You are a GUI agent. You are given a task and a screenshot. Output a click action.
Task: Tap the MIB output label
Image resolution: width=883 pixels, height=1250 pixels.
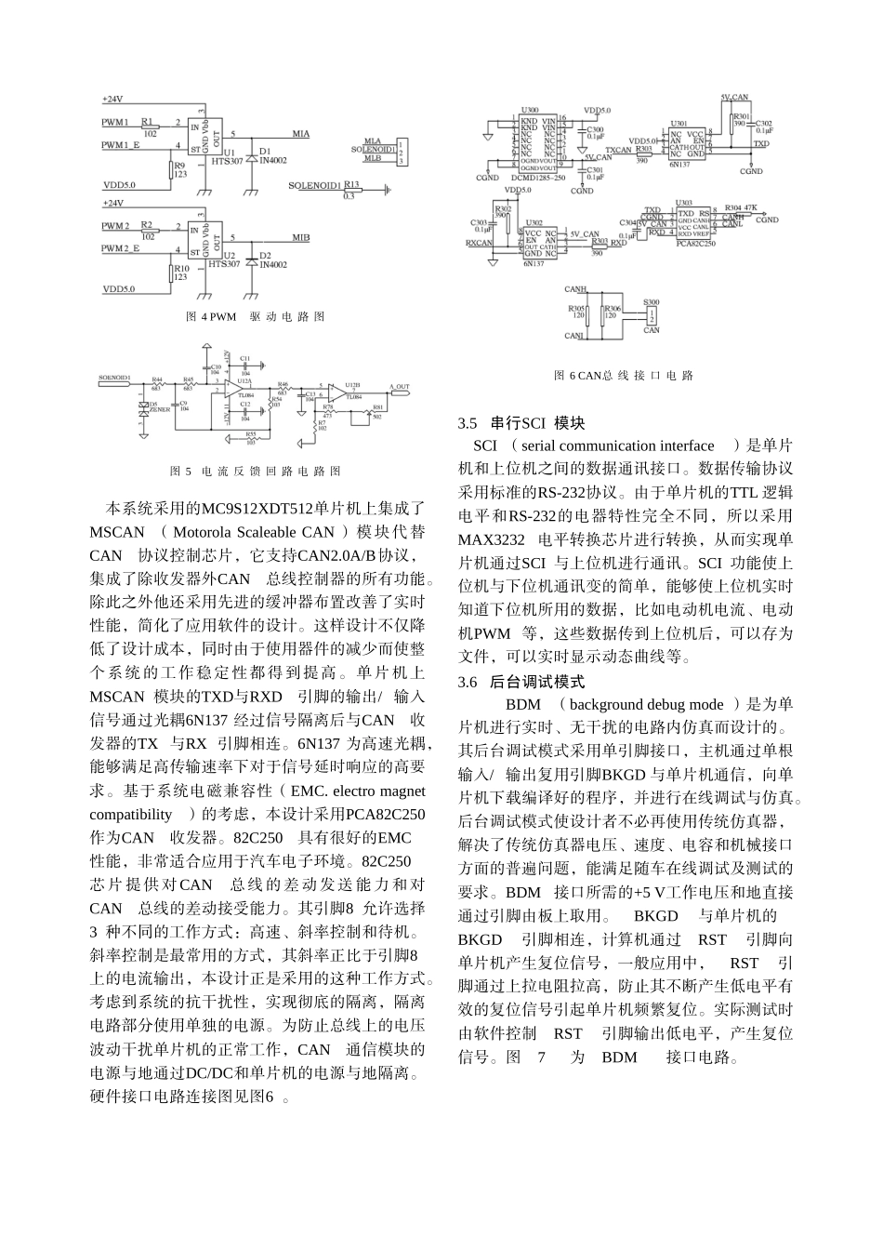click(300, 237)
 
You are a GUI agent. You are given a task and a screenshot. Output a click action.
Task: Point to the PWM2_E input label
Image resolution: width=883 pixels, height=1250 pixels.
click(121, 250)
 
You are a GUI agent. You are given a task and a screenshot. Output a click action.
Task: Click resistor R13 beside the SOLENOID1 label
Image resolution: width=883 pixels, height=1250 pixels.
click(350, 190)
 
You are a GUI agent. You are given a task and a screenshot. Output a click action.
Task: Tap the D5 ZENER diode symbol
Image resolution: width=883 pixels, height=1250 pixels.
click(142, 406)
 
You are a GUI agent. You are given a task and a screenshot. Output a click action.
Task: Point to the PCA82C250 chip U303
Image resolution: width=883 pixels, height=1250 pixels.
click(694, 223)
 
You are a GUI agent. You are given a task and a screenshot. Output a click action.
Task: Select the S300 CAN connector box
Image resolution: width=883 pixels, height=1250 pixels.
click(652, 315)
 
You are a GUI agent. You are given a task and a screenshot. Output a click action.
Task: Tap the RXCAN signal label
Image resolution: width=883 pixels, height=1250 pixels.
click(480, 243)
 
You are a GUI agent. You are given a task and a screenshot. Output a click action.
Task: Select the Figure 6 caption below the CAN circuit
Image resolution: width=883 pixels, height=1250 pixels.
click(624, 376)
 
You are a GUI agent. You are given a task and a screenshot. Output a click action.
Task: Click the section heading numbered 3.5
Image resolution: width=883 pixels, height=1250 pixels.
click(521, 423)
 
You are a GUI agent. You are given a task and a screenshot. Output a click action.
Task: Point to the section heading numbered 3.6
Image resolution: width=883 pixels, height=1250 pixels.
click(521, 682)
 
